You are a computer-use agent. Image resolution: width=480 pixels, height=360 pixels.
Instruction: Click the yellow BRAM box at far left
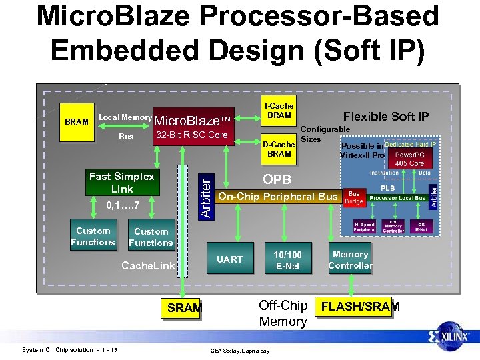[x=77, y=122]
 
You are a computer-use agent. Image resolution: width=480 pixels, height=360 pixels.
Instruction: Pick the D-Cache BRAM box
[x=279, y=149]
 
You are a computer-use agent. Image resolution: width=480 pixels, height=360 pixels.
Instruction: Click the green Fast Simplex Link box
[x=122, y=182]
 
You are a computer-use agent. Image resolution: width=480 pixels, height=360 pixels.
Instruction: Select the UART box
[x=229, y=259]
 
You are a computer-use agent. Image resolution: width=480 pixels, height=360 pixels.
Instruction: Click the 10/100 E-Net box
[x=288, y=260]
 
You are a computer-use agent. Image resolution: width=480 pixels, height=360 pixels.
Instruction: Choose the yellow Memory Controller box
[x=350, y=260]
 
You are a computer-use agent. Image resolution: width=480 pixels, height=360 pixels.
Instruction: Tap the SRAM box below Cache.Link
[x=184, y=307]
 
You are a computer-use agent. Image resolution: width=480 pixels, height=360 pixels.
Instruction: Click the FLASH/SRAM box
[x=360, y=307]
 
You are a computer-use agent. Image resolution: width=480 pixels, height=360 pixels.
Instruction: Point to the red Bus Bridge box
[x=353, y=197]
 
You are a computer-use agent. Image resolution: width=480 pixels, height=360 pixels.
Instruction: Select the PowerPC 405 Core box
[x=409, y=159]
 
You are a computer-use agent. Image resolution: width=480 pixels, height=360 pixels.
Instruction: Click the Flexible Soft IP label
[x=385, y=117]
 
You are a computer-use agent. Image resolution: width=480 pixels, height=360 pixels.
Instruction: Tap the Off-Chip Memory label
[x=283, y=313]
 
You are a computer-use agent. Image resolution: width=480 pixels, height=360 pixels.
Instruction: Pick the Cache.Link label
[x=148, y=266]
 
